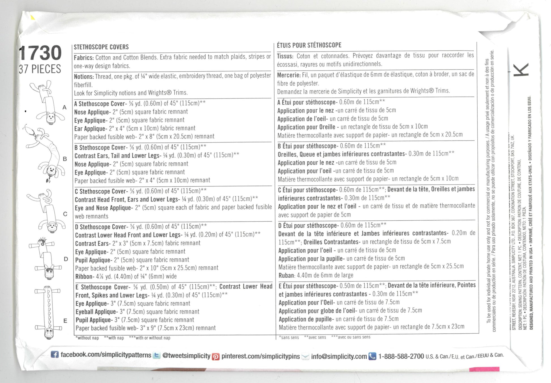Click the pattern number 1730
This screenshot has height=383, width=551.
point(40,53)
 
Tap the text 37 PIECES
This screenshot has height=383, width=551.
point(40,69)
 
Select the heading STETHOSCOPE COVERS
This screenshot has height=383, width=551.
point(101,47)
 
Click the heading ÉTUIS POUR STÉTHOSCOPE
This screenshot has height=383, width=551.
point(309,45)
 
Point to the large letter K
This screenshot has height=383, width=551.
point(520,70)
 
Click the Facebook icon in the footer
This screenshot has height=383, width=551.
point(55,354)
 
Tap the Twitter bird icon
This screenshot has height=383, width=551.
point(156,356)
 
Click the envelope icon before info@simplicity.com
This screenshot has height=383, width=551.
point(305,357)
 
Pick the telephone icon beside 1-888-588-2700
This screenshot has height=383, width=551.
point(372,356)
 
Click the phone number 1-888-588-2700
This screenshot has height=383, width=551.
point(401,356)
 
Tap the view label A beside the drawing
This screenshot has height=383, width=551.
point(65,108)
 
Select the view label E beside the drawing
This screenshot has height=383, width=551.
point(65,321)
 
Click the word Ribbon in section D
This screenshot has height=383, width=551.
point(84,276)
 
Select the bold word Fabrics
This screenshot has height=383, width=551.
point(84,58)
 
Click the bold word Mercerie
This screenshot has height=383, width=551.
point(289,75)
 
